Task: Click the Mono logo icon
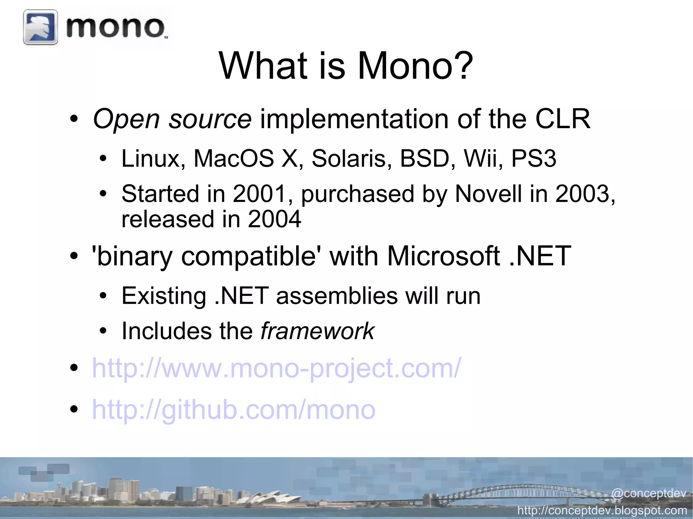click(x=40, y=27)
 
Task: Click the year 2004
click(x=274, y=219)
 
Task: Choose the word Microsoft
click(x=443, y=256)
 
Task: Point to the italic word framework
click(x=317, y=331)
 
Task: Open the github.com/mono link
click(x=233, y=409)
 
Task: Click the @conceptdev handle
click(x=648, y=493)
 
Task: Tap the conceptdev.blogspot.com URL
click(x=602, y=510)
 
